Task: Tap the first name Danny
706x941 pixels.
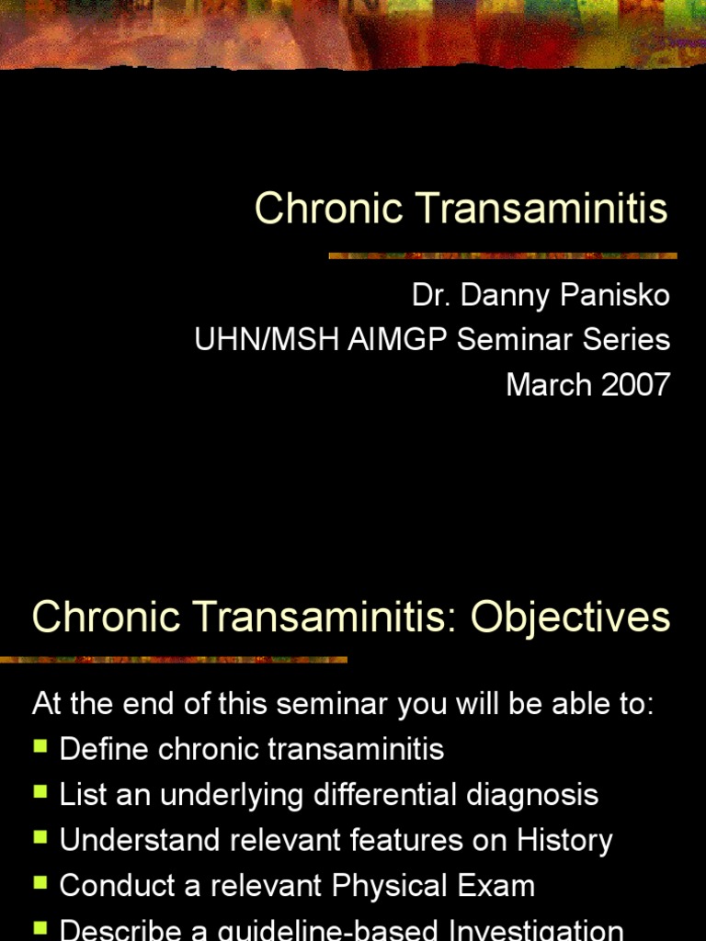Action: [504, 296]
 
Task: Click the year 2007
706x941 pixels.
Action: [634, 384]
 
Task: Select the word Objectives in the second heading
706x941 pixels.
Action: [571, 618]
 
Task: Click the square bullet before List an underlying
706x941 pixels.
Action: [40, 792]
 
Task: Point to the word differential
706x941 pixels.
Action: [390, 795]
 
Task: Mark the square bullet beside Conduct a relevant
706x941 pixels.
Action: [40, 883]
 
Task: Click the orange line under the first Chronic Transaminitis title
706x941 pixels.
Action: [503, 255]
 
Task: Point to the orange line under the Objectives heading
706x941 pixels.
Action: [174, 659]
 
